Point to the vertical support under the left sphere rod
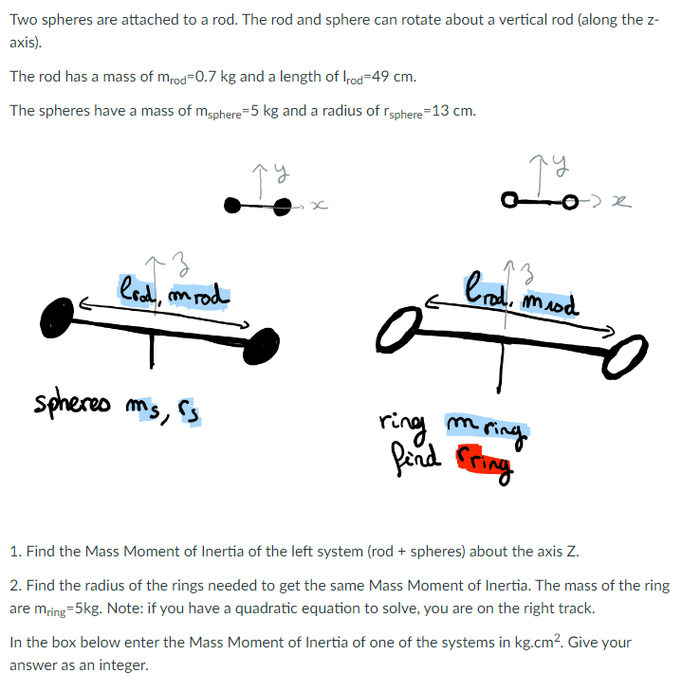click(x=150, y=350)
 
